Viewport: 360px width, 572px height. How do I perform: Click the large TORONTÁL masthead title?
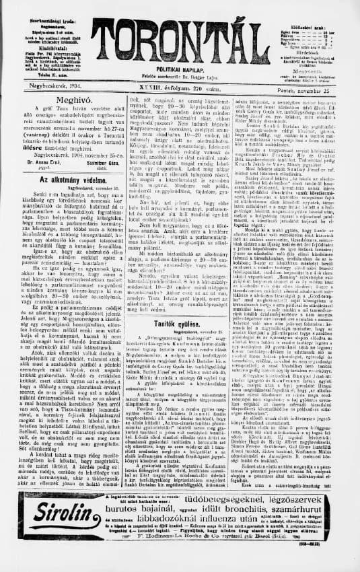tap(180, 41)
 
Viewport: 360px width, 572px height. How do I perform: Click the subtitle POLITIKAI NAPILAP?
tap(180, 69)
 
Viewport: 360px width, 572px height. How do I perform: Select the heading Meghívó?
tap(61, 97)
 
